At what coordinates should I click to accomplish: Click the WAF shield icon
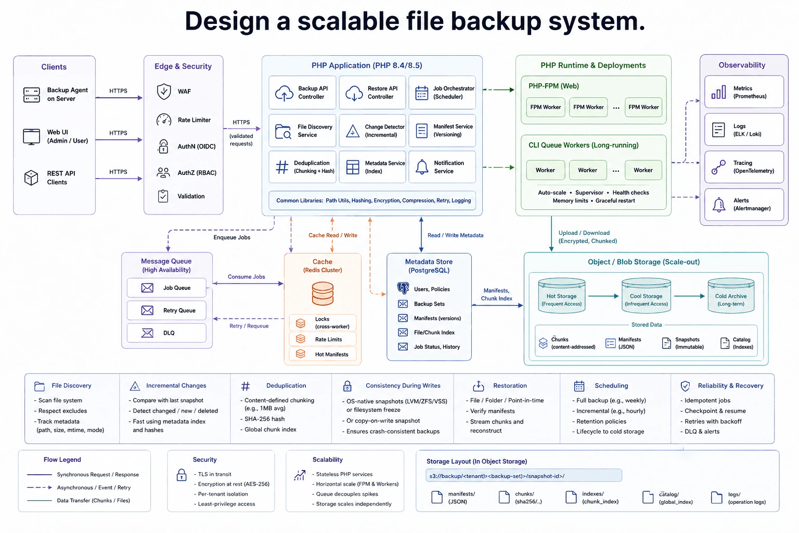(x=164, y=92)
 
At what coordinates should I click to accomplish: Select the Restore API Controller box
(x=372, y=93)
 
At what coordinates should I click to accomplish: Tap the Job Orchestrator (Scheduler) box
(x=442, y=93)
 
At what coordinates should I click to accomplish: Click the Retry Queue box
(x=166, y=310)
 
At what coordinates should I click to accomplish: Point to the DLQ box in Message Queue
(x=166, y=333)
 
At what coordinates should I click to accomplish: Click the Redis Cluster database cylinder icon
(x=323, y=294)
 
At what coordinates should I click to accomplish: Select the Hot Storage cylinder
(x=561, y=296)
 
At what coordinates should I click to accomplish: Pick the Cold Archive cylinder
(x=731, y=296)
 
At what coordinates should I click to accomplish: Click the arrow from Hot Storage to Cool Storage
(x=603, y=296)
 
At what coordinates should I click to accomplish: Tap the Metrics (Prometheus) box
(x=744, y=92)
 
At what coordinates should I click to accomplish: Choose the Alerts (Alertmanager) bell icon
(x=719, y=205)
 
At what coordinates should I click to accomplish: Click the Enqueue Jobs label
(x=232, y=237)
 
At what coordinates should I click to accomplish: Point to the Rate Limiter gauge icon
(x=164, y=120)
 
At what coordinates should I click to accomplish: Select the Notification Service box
(x=442, y=167)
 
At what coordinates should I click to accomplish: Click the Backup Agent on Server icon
(x=31, y=95)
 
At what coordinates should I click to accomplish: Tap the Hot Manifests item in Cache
(x=323, y=354)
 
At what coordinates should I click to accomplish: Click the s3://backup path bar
(x=524, y=476)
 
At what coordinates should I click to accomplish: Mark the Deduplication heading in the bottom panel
(x=286, y=386)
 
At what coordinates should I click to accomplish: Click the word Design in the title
(x=226, y=21)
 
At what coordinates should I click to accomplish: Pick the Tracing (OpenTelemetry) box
(x=744, y=167)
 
